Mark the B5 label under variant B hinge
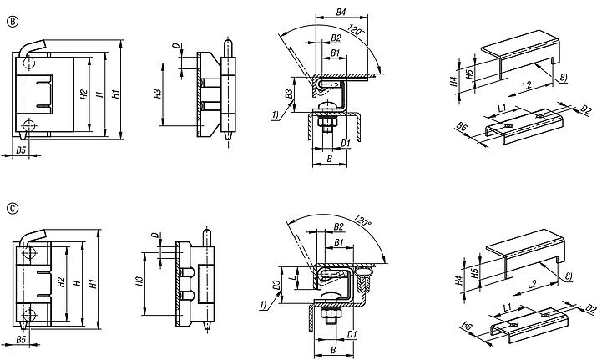[22, 151]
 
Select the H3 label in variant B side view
[158, 94]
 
